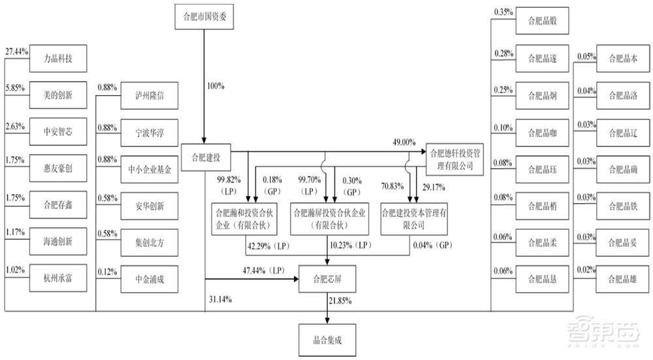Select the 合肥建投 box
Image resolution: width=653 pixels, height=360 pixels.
(205, 157)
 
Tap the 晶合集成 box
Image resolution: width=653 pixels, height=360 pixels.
(327, 340)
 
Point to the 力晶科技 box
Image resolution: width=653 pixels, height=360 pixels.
(58, 58)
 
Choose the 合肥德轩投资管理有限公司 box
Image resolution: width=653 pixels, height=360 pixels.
(455, 157)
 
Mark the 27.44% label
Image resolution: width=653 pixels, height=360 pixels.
(16, 50)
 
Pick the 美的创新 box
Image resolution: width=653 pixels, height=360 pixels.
(58, 95)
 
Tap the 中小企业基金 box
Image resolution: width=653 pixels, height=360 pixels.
(150, 170)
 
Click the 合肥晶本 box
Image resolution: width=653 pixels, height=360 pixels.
(622, 58)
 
